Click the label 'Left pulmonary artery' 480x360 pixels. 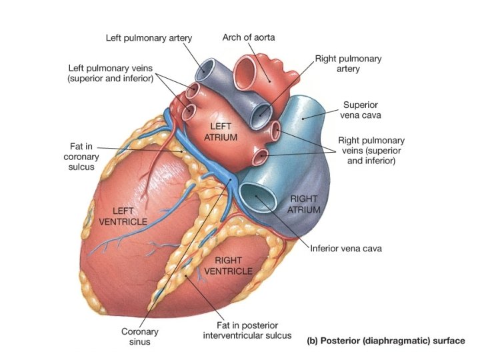point(149,37)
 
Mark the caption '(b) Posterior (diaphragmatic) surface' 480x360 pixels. point(385,341)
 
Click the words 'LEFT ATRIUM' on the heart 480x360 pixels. point(220,131)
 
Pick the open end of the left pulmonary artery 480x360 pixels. point(205,69)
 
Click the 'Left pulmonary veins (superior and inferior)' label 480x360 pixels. point(111,73)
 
